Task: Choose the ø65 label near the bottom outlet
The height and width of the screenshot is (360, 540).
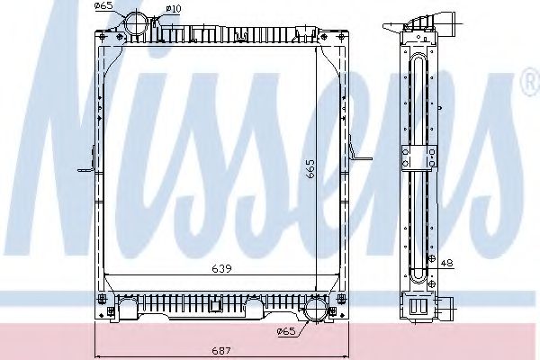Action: tap(286, 332)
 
